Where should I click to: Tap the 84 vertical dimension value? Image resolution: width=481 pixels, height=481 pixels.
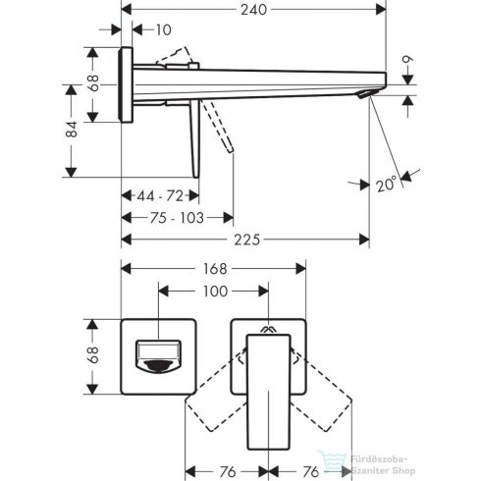coord(71,130)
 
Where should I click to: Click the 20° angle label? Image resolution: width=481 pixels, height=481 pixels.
coord(386,184)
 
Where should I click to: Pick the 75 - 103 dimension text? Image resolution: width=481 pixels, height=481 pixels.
coord(177,218)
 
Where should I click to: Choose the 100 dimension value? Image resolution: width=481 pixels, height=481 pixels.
coord(214,292)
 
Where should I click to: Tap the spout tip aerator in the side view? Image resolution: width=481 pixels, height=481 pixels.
coord(365,94)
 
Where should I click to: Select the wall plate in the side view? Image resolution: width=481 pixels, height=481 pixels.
coord(125,83)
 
